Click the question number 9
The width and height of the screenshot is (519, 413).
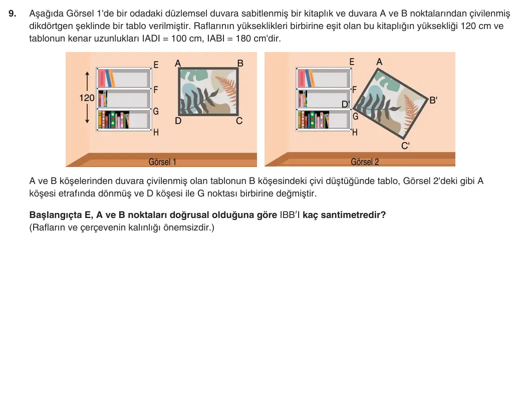pos(12,13)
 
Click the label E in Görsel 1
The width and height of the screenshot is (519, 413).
pos(156,65)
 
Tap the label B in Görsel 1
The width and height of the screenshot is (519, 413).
pos(240,63)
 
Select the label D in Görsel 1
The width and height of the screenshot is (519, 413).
pos(178,121)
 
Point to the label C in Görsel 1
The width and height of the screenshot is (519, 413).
pos(239,121)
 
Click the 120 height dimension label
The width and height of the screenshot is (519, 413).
pos(87,98)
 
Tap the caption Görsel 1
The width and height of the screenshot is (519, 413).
pos(162,162)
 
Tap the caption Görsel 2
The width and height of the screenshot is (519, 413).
pos(365,162)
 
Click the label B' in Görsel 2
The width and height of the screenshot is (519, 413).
pos(433,100)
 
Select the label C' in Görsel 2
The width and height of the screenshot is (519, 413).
pos(405,145)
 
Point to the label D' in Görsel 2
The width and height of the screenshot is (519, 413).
pos(346,104)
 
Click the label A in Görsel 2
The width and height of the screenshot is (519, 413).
pos(379,62)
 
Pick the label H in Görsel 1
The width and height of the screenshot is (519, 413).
pos(156,132)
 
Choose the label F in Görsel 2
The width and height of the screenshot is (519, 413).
pos(355,89)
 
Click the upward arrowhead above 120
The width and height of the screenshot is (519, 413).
pos(87,74)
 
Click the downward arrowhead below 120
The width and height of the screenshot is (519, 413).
pos(87,120)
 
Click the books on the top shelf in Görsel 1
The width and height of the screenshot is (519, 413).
pos(107,78)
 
